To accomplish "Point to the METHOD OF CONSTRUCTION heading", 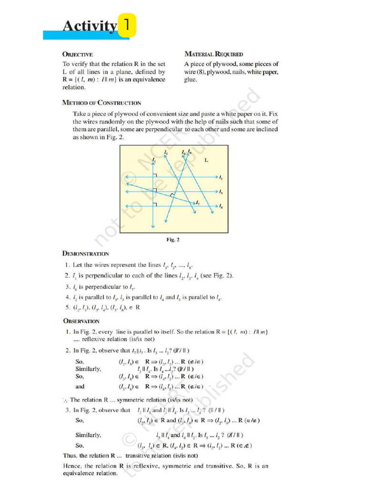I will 102,102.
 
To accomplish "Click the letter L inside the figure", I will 206,161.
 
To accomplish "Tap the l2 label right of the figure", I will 221,178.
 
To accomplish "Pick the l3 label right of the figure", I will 221,192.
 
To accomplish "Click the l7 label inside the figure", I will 198,203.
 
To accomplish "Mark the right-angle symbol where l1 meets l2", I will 155,176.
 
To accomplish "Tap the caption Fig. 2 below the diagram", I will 173,240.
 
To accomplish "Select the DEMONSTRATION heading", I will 85,254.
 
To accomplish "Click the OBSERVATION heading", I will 81,321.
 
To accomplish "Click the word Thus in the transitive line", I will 70,455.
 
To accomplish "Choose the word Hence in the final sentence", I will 72,465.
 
